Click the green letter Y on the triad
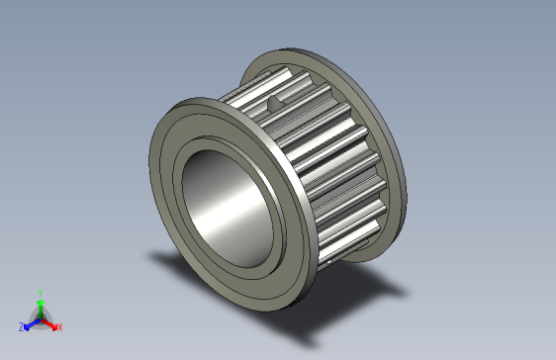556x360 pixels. point(40,292)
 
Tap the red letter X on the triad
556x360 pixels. point(59,326)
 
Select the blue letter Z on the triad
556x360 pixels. point(21,326)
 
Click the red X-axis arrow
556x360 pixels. point(49,322)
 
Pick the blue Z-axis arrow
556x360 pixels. point(31,322)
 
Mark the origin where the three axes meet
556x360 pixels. point(40,317)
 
